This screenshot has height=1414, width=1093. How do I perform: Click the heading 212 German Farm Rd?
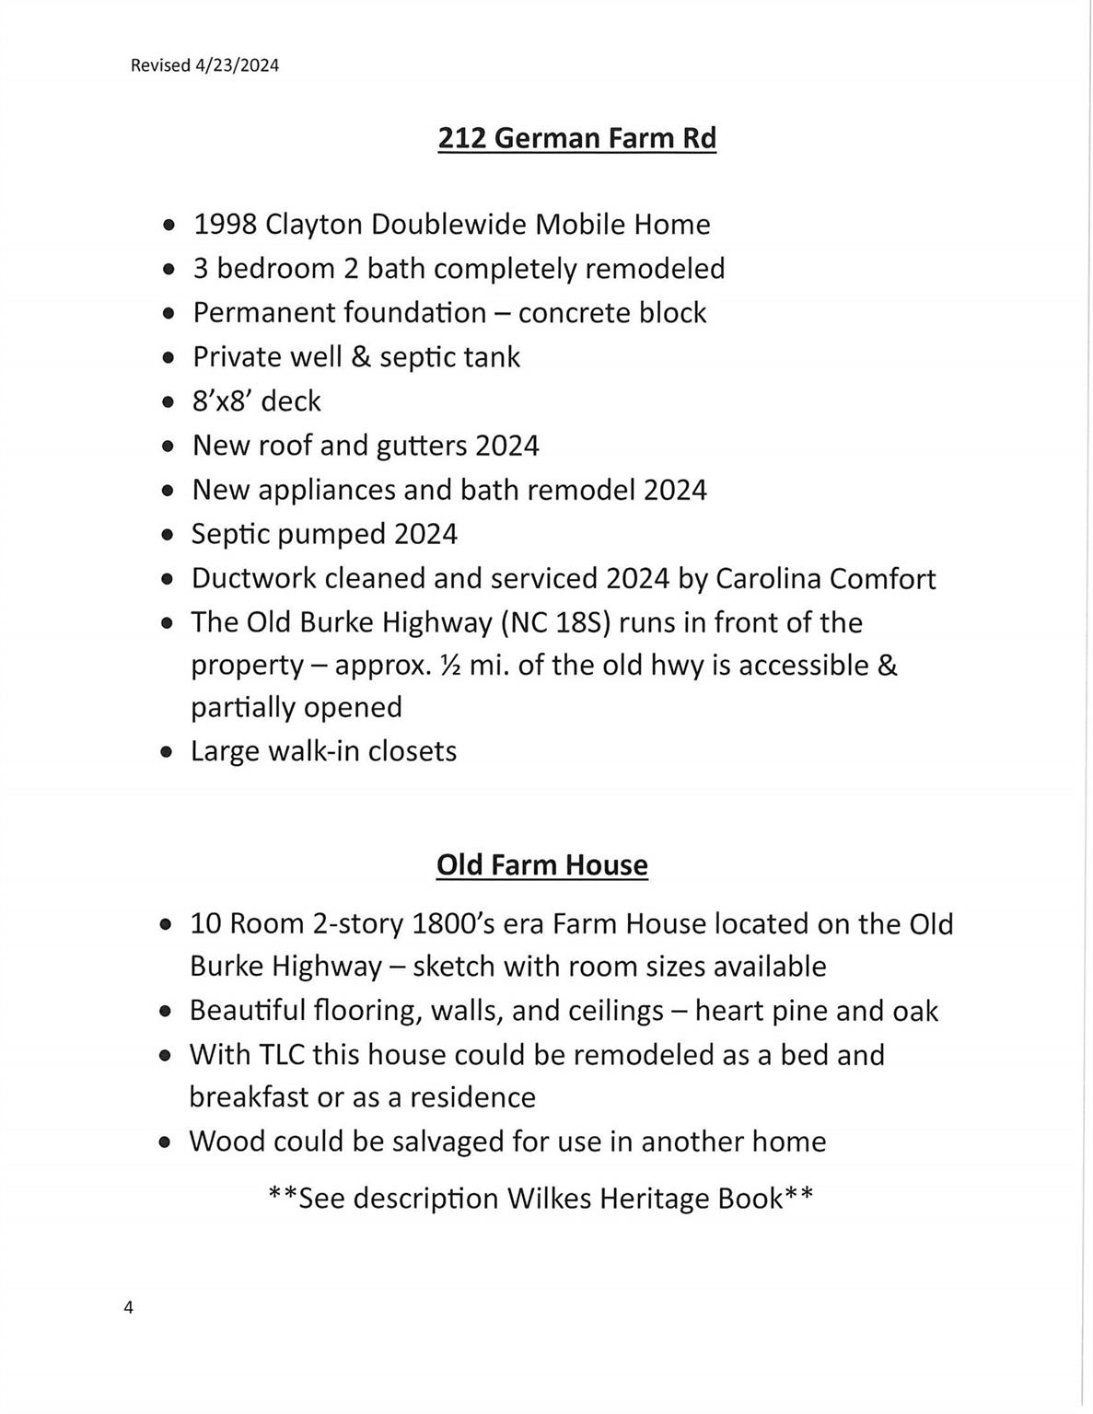point(576,138)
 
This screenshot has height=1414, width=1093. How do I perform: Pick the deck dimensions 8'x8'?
point(222,400)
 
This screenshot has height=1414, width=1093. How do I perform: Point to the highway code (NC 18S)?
point(556,622)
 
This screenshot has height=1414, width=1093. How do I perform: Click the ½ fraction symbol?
point(450,665)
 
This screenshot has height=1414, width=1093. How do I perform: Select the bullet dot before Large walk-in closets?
point(166,752)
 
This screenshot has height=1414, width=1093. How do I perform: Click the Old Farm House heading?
point(541,865)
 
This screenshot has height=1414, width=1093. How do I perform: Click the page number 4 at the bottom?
point(128,1307)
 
